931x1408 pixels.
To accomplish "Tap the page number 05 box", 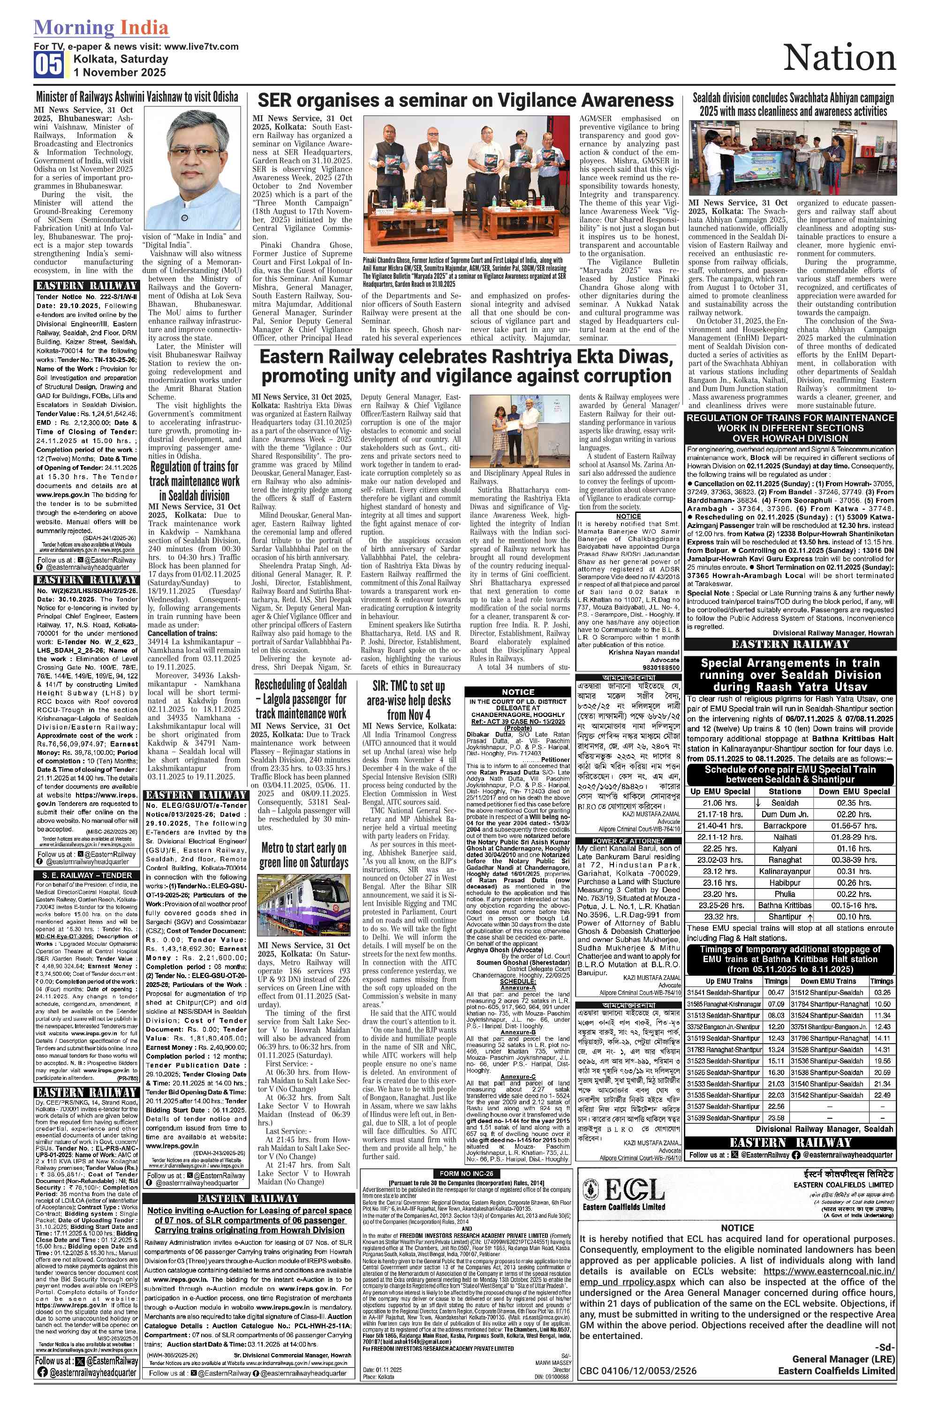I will coord(48,65).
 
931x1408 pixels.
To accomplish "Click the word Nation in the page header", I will coord(839,58).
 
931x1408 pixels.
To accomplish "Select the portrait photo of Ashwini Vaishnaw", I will coord(192,168).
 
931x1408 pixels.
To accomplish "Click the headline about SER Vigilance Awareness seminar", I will coord(465,100).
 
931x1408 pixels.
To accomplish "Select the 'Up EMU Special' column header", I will coord(720,791).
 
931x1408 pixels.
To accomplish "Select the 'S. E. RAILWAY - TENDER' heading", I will coord(87,875).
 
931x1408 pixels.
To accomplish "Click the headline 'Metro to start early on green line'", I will coord(303,855).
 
